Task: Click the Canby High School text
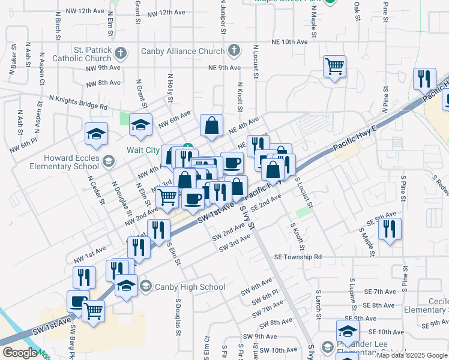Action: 182,287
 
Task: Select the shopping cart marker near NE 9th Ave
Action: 335,66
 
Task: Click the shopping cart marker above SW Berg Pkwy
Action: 94,311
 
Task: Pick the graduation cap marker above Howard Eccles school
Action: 95,135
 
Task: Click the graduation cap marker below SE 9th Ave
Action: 348,331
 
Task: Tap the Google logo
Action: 20,353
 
